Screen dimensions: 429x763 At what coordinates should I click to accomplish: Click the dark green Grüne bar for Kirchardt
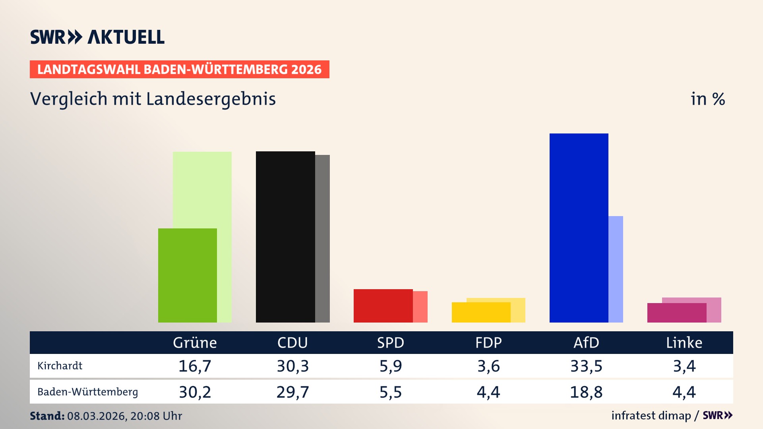[x=187, y=275]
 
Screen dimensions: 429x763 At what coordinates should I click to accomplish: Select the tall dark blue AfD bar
[x=579, y=228]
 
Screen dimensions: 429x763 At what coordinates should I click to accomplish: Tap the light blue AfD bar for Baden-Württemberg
[x=616, y=269]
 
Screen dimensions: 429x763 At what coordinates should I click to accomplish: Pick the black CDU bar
[x=285, y=237]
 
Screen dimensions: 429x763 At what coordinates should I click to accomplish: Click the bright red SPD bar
[x=383, y=305]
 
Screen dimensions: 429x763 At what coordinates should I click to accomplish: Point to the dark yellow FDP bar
[x=481, y=312]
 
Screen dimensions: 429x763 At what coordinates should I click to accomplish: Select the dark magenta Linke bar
[x=676, y=313]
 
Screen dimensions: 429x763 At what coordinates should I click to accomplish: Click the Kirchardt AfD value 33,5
[x=586, y=366]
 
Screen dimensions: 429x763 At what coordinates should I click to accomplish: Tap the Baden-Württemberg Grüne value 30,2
[x=195, y=392]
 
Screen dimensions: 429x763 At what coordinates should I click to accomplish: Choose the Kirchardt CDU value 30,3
[x=292, y=366]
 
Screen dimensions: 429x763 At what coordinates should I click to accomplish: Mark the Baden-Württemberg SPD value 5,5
[x=390, y=392]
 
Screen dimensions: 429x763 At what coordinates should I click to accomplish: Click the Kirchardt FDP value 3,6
[x=488, y=366]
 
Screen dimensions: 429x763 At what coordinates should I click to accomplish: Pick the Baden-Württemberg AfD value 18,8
[x=586, y=392]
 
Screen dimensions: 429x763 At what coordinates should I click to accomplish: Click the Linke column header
[x=684, y=342]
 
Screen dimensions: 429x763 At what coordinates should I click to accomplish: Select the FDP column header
[x=488, y=342]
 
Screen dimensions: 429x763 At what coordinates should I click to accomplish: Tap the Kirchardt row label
[x=60, y=366]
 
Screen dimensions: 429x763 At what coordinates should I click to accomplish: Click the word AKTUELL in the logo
[x=126, y=37]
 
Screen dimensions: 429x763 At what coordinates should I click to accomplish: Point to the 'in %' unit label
[x=707, y=99]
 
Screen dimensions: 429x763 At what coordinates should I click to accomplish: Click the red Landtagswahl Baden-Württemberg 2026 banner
[x=179, y=70]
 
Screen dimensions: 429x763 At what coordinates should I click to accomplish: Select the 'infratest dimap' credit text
[x=651, y=415]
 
